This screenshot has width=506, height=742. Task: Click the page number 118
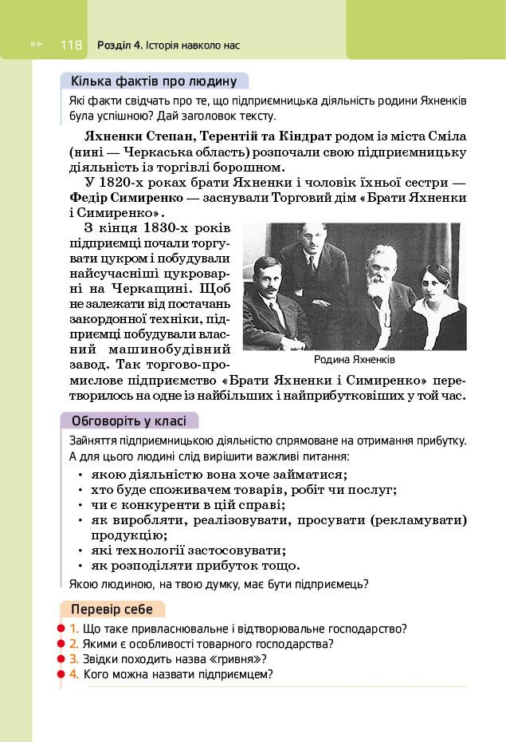click(x=71, y=45)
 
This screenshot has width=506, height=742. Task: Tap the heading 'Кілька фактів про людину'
click(x=154, y=81)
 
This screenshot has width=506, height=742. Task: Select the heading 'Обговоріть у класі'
click(x=129, y=420)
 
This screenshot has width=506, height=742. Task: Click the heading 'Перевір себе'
click(x=112, y=610)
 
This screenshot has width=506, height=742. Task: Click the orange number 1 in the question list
click(x=73, y=629)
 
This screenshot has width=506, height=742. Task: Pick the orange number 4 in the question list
click(x=73, y=674)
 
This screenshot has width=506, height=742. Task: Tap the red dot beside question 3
click(x=61, y=659)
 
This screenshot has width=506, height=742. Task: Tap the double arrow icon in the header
click(x=36, y=45)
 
